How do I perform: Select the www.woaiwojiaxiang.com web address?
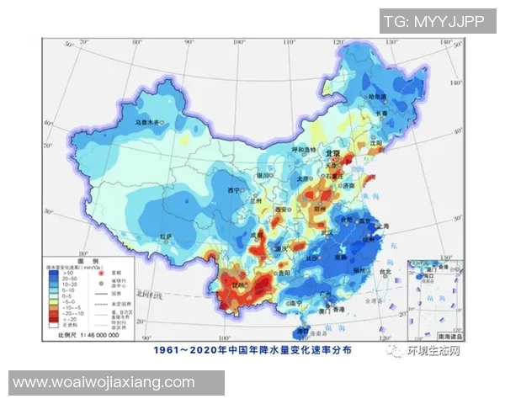tap(104, 382)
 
